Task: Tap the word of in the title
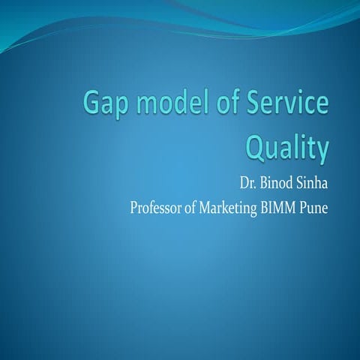(x=229, y=104)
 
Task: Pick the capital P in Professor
(x=134, y=206)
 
